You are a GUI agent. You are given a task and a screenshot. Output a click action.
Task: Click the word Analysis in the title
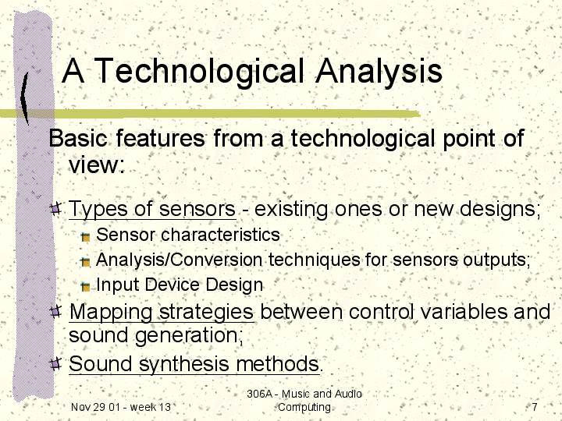coord(379,71)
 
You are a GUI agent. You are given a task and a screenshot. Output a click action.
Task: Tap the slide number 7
coord(535,407)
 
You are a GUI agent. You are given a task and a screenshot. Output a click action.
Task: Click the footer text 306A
coord(260,394)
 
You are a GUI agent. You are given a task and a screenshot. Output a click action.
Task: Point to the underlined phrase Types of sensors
coord(152,208)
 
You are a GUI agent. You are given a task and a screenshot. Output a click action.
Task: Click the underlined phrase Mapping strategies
coord(162,312)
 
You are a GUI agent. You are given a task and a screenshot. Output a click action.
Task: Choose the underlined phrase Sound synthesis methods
coord(194,364)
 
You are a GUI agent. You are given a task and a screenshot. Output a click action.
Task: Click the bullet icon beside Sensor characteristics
coord(85,237)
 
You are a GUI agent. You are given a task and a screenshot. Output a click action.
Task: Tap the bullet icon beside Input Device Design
coord(85,286)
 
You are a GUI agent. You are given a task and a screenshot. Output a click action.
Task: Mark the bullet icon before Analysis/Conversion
coord(85,262)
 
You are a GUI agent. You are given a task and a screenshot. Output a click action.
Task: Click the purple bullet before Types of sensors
coord(55,208)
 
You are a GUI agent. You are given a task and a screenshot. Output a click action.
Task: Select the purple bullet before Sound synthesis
coord(55,364)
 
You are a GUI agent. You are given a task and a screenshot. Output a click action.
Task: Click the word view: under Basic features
coord(97,165)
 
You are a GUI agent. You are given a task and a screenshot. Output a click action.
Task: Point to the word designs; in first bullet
coord(500,209)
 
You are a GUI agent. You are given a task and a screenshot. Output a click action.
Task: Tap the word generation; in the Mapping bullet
coord(189,336)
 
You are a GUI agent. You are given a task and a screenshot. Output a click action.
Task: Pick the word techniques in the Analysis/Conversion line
coord(315,260)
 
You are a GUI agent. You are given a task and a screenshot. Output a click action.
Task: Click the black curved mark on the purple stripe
coord(24,98)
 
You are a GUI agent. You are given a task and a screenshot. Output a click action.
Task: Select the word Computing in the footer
coord(304,408)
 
